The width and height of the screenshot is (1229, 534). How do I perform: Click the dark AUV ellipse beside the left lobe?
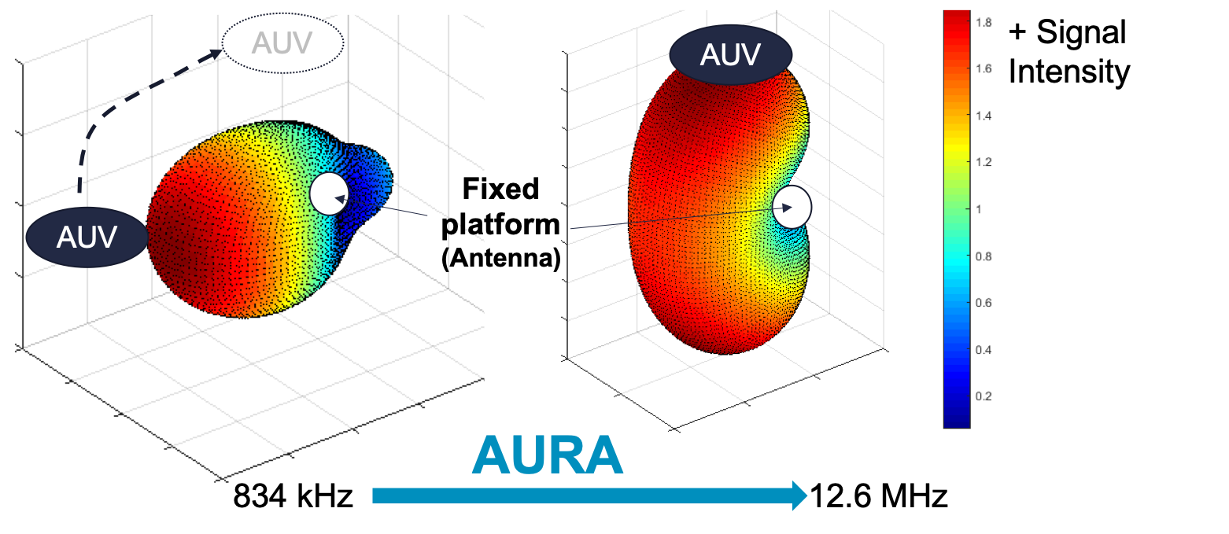tap(87, 237)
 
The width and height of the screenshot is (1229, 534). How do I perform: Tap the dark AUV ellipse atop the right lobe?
tap(730, 55)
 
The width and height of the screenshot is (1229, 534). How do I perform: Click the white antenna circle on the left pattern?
tap(329, 194)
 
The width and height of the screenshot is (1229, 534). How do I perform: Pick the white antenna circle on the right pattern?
tap(792, 208)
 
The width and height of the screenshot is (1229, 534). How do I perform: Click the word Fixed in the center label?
tap(500, 190)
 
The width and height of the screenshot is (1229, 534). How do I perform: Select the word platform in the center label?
tap(500, 224)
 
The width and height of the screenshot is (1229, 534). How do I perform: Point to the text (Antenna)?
tap(500, 257)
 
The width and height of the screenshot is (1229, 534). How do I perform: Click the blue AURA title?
tap(548, 456)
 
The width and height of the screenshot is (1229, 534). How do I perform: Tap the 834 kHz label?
tap(293, 496)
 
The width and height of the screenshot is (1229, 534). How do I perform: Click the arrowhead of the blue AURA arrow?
tap(800, 495)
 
